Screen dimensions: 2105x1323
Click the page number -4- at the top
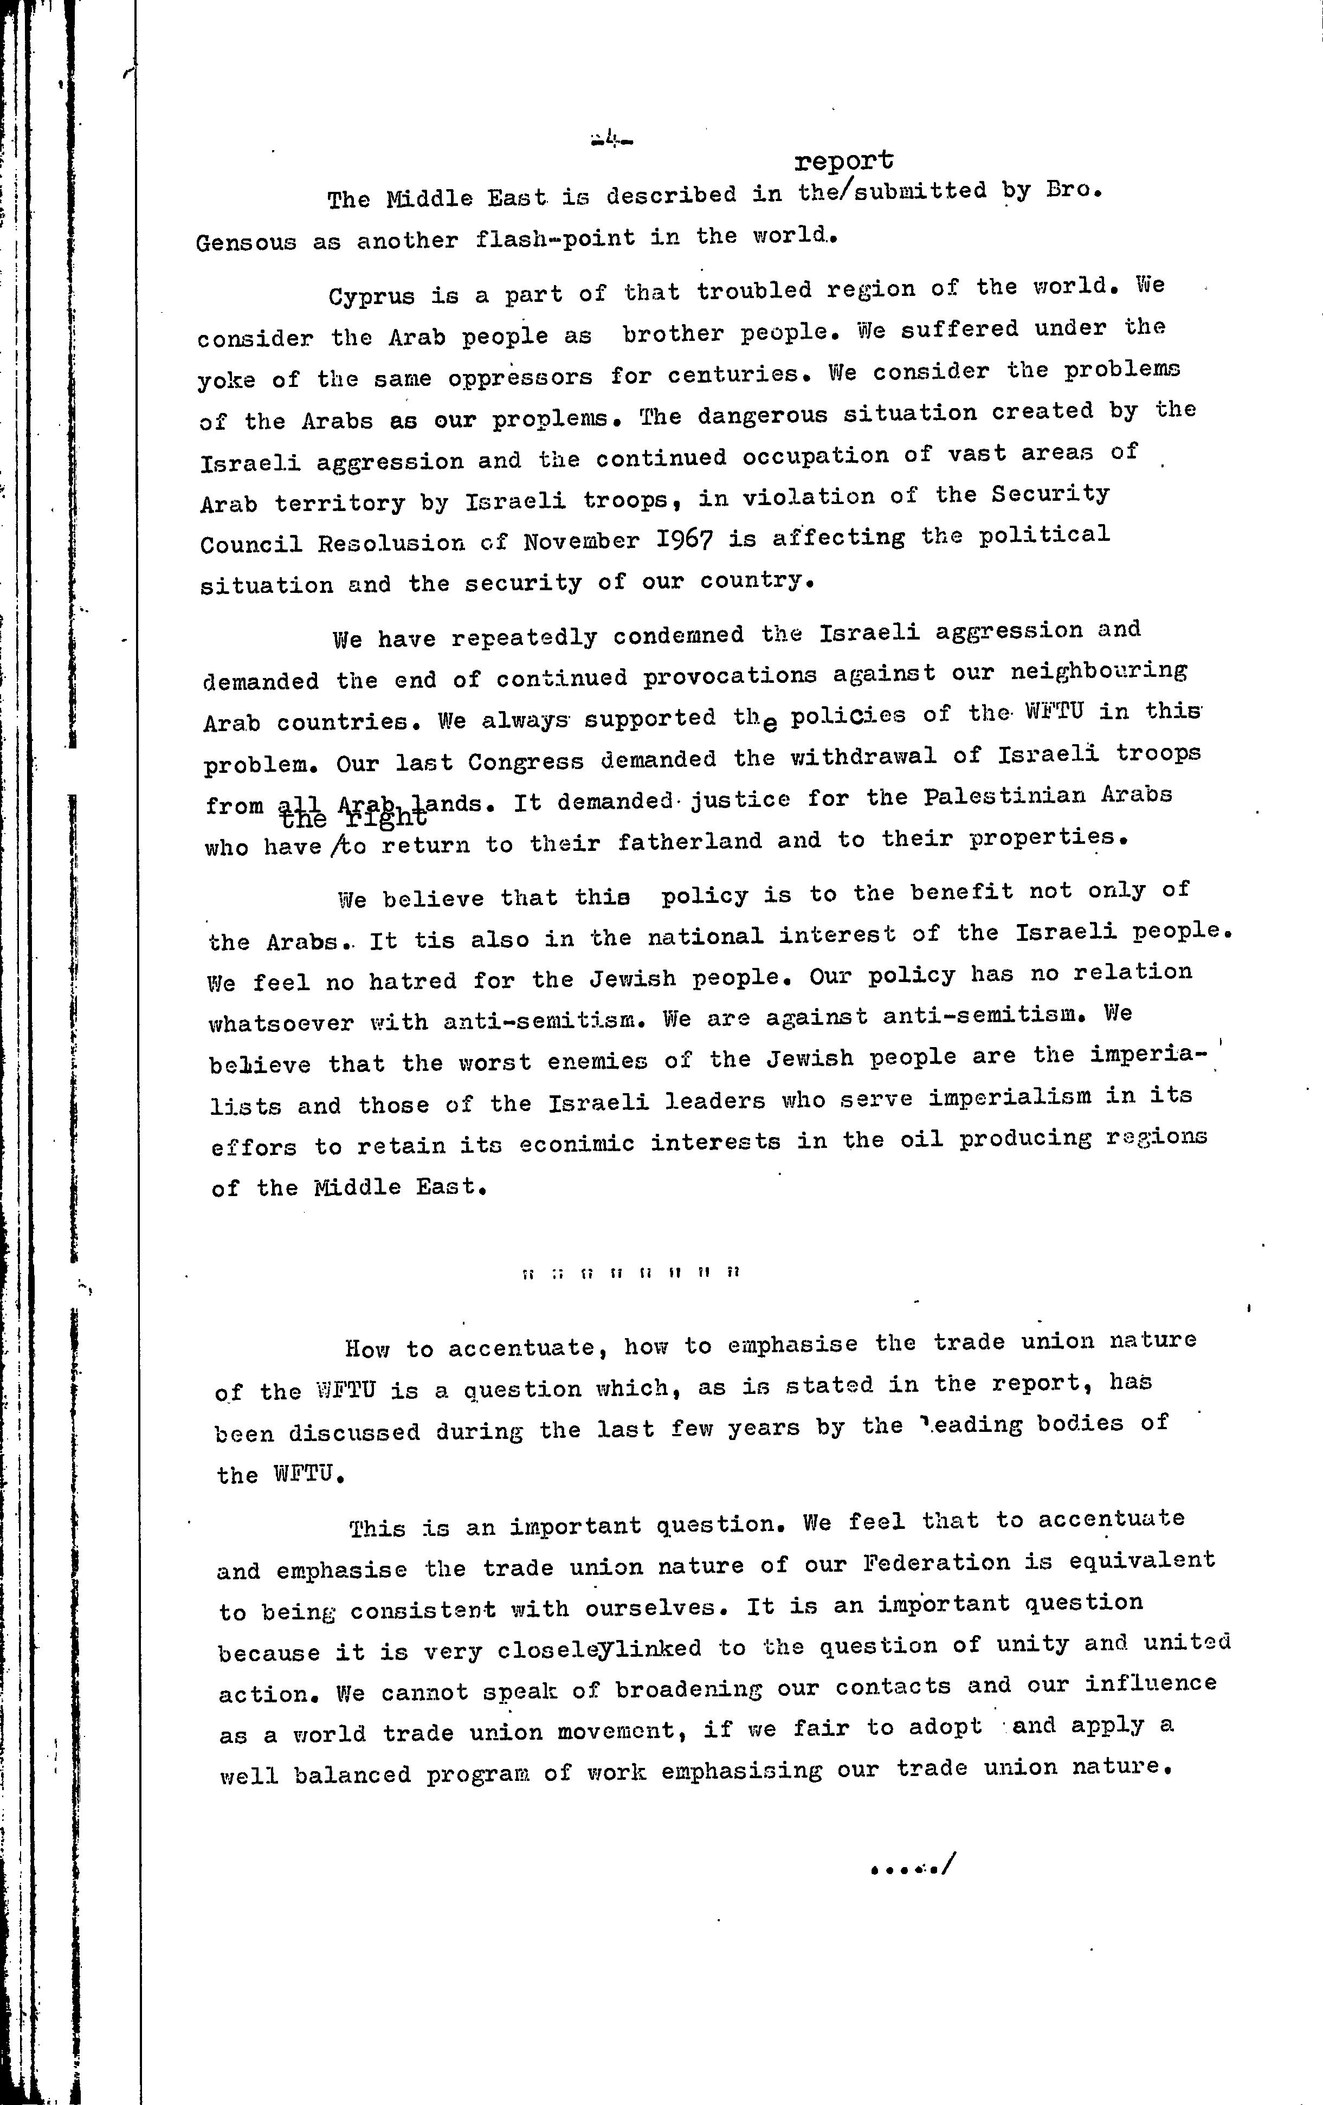pyautogui.click(x=611, y=138)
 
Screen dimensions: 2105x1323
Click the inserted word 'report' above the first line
pyautogui.click(x=844, y=161)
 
